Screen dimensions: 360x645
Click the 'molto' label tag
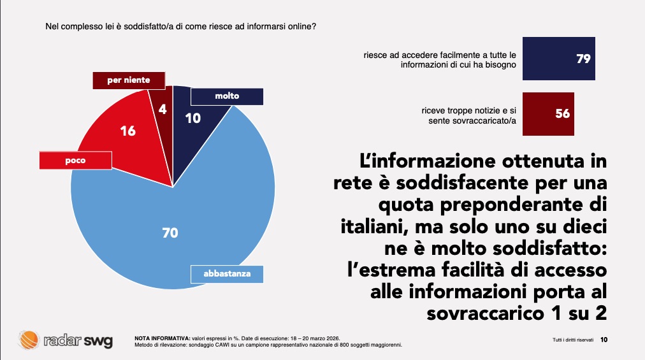pos(227,96)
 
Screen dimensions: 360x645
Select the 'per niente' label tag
pos(129,80)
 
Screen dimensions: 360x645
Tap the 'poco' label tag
pos(75,161)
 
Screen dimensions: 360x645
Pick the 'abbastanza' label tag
pos(226,274)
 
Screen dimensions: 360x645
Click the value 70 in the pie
pos(170,233)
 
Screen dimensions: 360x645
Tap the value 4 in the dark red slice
pos(163,109)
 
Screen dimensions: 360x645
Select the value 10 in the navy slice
pos(193,118)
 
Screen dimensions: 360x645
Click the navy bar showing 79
pos(559,59)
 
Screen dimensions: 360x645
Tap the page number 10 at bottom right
pos(604,340)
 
